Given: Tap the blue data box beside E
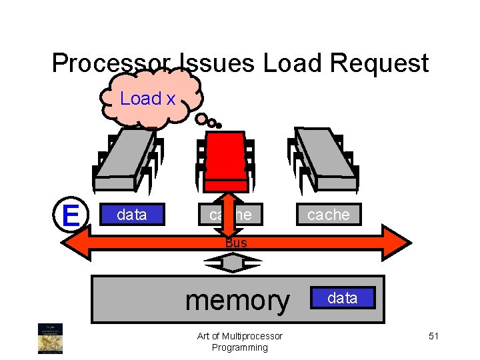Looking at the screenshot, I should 131,215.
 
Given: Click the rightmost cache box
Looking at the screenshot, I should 328,215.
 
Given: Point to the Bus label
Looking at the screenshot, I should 235,243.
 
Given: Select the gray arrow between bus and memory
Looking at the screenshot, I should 233,265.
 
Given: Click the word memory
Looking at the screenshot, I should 237,300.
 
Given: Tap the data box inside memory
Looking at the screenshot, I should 342,298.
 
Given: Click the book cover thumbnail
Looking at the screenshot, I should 49,338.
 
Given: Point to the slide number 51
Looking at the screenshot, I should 433,336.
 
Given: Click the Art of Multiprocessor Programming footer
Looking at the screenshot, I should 240,341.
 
